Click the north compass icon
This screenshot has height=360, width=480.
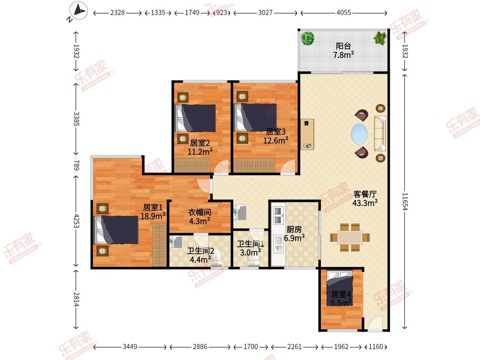(x=79, y=11)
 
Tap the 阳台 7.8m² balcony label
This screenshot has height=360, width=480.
(x=343, y=50)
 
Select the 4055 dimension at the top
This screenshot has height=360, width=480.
(x=343, y=12)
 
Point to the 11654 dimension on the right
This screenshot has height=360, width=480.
(x=405, y=201)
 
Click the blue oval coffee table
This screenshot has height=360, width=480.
(x=359, y=134)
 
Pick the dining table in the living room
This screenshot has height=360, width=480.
(x=350, y=238)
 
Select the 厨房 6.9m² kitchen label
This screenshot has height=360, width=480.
(x=294, y=234)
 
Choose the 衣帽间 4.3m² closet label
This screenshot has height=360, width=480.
(x=200, y=216)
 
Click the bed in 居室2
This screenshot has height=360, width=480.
(x=196, y=118)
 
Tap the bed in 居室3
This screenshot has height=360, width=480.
(x=256, y=117)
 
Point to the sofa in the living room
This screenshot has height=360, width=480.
(x=380, y=133)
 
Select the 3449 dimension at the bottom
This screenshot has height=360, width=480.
(x=130, y=347)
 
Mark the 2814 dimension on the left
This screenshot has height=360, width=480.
(x=76, y=299)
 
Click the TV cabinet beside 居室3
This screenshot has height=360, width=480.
(x=307, y=134)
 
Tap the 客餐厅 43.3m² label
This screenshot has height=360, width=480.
(x=365, y=198)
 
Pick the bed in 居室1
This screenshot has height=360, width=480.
(x=117, y=230)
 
